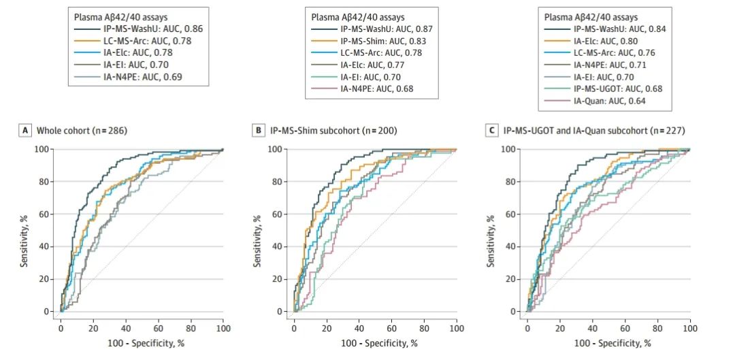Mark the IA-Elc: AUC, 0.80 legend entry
click(x=604, y=41)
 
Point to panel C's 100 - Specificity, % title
click(x=608, y=344)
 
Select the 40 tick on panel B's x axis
click(x=359, y=329)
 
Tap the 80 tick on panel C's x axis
click(x=657, y=329)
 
